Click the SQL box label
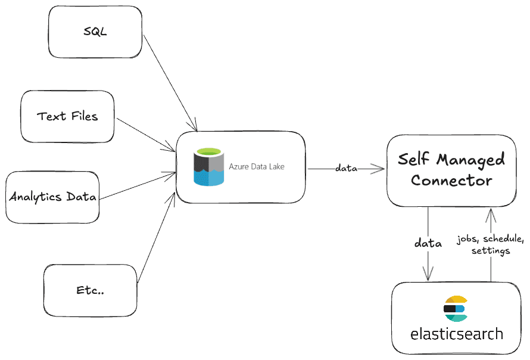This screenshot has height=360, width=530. pos(95,32)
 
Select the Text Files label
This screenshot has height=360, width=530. pos(67,116)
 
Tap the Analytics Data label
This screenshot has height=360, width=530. pos(52,197)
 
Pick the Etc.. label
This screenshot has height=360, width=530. pos(91,290)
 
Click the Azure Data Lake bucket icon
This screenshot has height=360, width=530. pos(208,167)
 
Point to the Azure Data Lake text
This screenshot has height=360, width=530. pos(257,167)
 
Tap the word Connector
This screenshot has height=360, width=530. pos(451,180)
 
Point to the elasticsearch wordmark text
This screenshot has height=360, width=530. pos(456,334)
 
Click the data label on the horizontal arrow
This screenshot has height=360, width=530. pos(346,169)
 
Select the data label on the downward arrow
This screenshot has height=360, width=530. pos(428,243)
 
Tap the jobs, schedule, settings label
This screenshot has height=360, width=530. pos(490,245)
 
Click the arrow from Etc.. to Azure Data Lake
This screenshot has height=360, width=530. pos(156,238)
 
